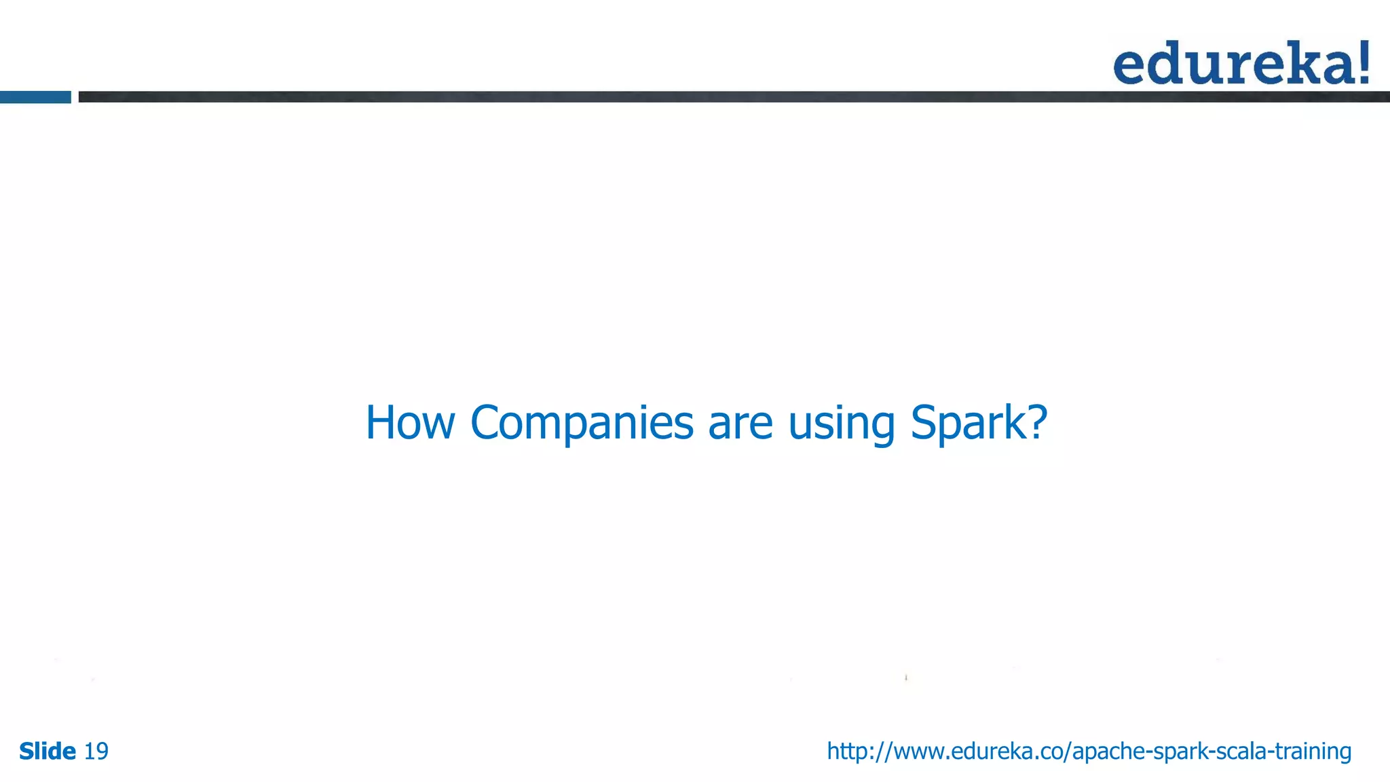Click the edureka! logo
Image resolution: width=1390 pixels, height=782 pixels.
point(1241,63)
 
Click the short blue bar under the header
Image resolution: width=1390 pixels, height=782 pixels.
point(35,97)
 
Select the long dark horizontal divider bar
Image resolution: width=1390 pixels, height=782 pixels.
point(733,97)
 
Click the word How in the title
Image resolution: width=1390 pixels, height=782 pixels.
point(410,423)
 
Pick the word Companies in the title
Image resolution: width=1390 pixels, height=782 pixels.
point(582,423)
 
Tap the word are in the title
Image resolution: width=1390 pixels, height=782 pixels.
point(740,423)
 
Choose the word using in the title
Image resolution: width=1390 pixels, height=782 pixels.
point(842,423)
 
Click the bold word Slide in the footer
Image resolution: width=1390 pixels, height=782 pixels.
point(48,751)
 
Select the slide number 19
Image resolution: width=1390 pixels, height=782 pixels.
point(96,751)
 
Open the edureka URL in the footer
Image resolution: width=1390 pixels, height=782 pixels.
point(1089,751)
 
